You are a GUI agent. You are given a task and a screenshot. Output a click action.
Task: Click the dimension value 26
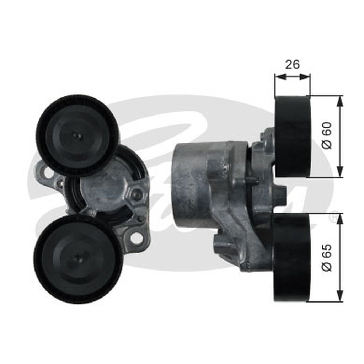pos(293,64)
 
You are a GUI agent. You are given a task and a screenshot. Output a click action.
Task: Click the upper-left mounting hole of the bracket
pos(47,173)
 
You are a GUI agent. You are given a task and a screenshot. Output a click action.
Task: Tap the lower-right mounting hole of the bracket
pos(136,238)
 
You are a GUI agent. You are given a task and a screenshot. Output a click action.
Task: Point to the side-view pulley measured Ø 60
pos(293,136)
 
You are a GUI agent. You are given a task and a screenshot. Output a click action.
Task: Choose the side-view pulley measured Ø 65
pos(291,257)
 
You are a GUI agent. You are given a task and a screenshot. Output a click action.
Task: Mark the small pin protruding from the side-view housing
pos(254,180)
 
